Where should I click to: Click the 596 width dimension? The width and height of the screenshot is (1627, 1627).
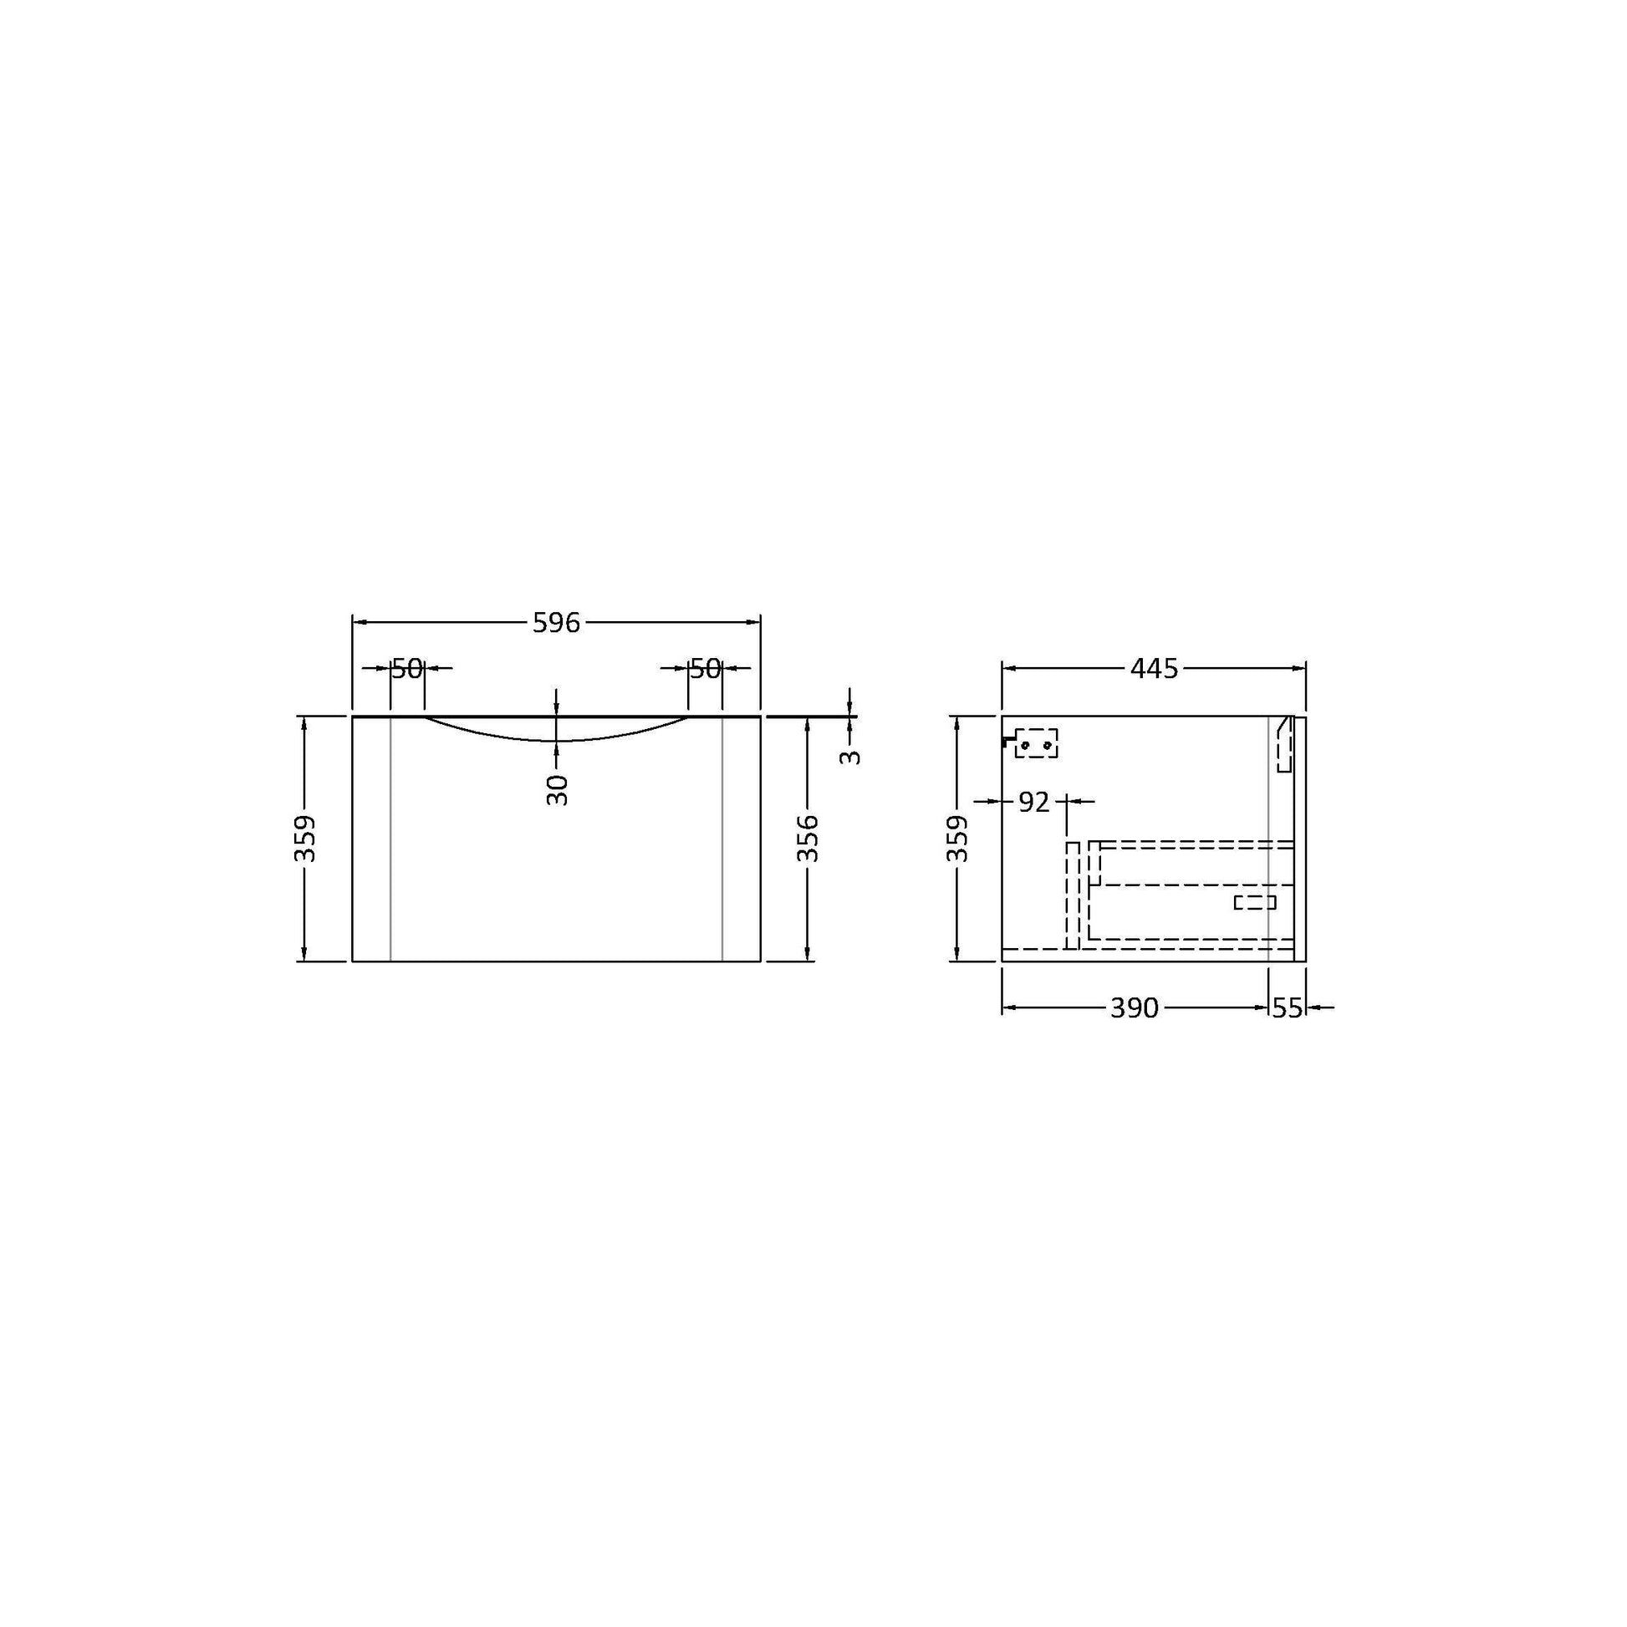coord(557,622)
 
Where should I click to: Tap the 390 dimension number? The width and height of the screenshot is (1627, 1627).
coord(1135,1007)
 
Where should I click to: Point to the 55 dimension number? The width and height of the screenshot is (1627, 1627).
coord(1287,1007)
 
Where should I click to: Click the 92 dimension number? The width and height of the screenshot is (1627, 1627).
coord(1034,803)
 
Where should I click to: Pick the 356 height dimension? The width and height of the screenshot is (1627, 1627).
coord(808,838)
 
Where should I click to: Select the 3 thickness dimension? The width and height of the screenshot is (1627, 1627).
coord(850,757)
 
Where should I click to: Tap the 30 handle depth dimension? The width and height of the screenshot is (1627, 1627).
coord(557,790)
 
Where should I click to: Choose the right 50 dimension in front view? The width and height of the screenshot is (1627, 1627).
coord(706,669)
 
